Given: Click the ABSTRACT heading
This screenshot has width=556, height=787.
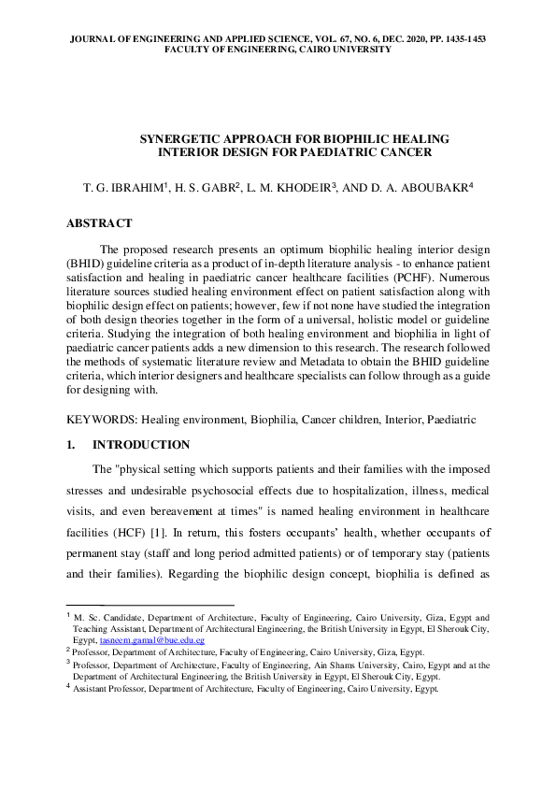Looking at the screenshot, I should [99, 223].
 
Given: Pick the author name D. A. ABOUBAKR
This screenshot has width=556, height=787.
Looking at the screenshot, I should [423, 188].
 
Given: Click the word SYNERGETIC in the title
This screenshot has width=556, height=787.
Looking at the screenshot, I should [184, 138].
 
